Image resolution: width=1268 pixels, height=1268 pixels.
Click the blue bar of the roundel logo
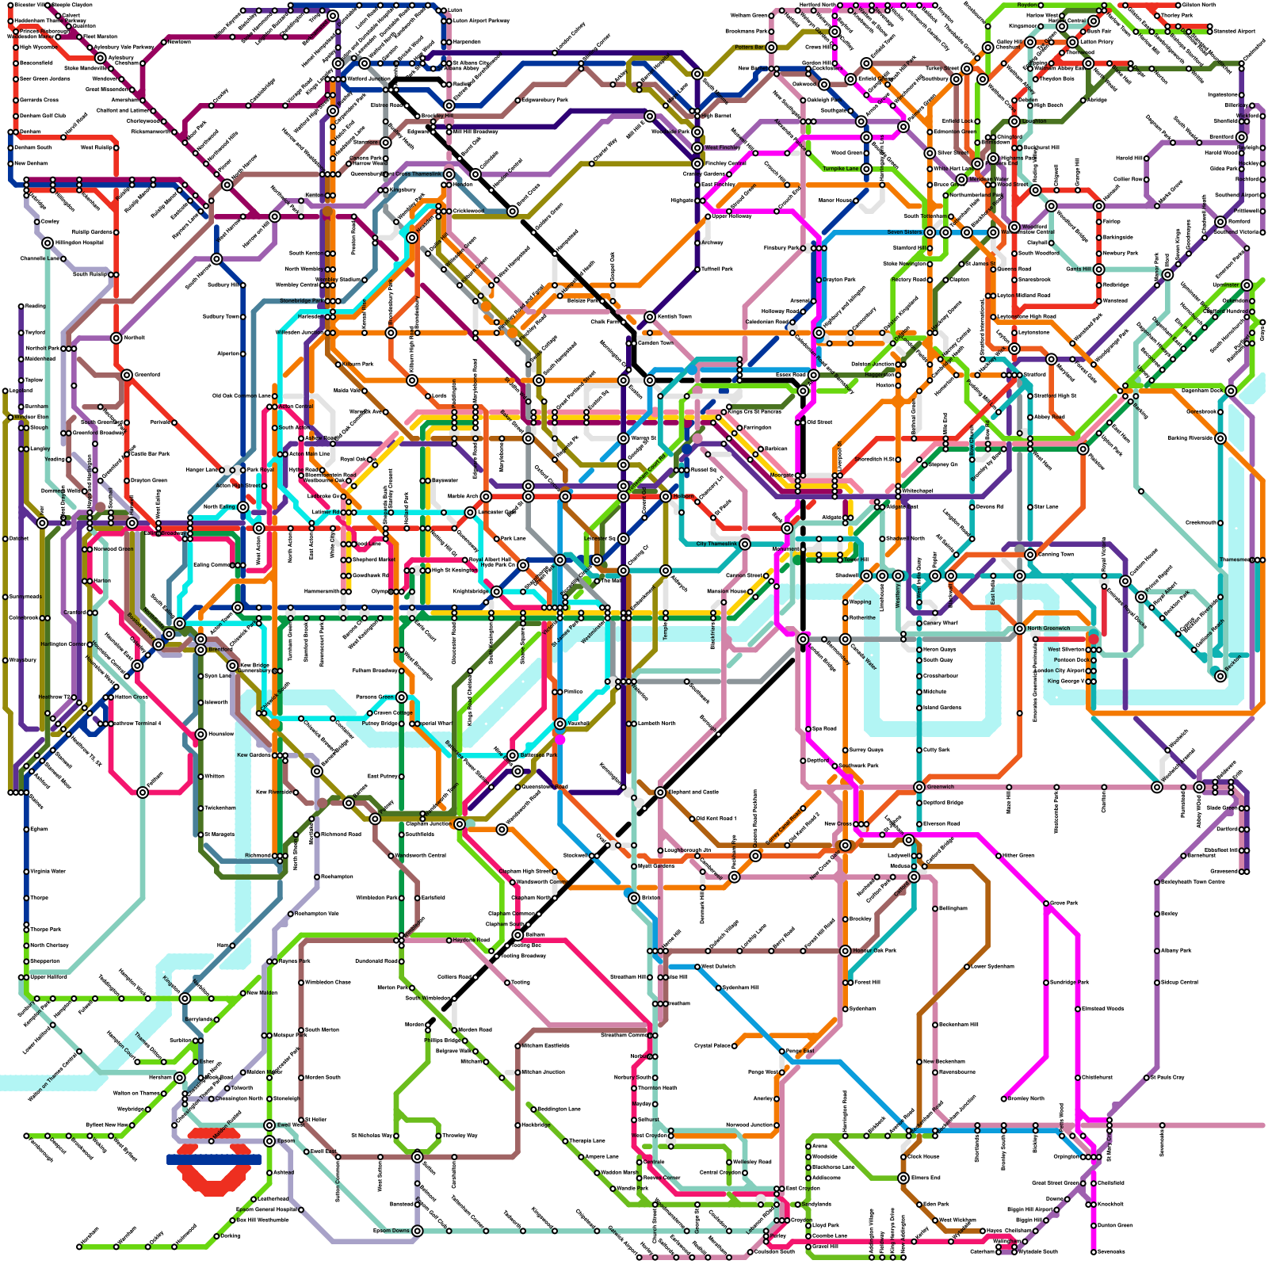(x=214, y=1159)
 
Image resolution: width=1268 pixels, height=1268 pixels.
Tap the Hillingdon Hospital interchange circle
(x=48, y=243)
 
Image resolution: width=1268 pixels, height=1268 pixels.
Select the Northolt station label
(x=134, y=338)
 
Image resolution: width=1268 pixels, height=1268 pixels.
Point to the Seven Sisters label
(x=904, y=232)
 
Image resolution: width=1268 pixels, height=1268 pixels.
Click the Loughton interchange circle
(x=1014, y=121)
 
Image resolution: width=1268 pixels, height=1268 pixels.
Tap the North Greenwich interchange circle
(x=1019, y=628)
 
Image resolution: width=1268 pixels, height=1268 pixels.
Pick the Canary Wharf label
(x=941, y=623)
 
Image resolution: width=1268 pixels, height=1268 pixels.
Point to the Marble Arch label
(x=463, y=496)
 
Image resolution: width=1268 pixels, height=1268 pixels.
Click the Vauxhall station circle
(x=560, y=724)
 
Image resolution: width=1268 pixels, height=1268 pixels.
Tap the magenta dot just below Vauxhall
(x=560, y=739)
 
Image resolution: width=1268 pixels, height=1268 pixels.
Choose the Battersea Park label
(x=539, y=755)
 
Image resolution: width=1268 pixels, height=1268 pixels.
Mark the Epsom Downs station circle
(x=417, y=1231)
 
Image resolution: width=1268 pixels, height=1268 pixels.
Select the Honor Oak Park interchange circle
(x=846, y=950)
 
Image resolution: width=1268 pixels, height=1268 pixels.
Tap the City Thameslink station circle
(x=745, y=544)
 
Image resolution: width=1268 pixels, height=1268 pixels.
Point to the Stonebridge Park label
(x=300, y=300)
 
